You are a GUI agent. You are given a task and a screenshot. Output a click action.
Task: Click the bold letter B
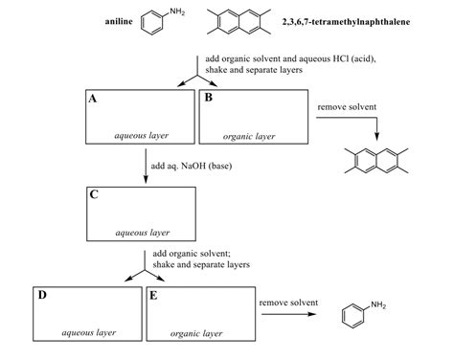point(208,99)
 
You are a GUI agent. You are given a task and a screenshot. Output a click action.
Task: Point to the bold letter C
point(93,193)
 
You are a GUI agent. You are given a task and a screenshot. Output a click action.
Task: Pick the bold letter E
point(153,295)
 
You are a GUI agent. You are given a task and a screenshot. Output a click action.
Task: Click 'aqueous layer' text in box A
point(142,136)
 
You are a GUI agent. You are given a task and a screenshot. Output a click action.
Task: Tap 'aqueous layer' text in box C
point(142,232)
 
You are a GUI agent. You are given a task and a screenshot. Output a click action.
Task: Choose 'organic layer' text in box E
point(197,333)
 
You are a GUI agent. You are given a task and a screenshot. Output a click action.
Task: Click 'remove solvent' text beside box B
point(347,107)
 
